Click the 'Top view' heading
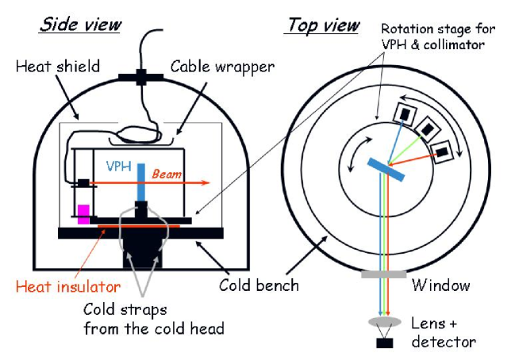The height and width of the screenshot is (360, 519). pos(322,25)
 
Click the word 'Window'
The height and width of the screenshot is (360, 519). pos(440,285)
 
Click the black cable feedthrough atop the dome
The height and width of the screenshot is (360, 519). pos(141,78)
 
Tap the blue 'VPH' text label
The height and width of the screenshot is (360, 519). pos(119,167)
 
